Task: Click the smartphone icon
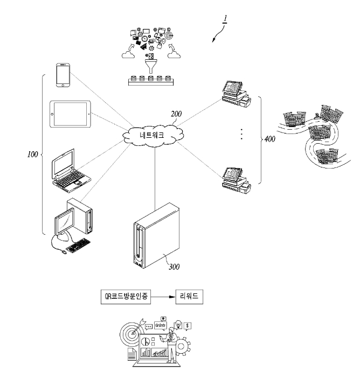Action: [x=63, y=75]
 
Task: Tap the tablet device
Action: [x=70, y=114]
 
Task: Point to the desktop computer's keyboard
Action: [x=78, y=245]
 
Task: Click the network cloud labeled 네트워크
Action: [x=153, y=135]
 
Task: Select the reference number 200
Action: [x=176, y=114]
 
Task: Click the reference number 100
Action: [x=32, y=155]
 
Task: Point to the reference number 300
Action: [x=174, y=267]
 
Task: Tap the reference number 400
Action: [x=270, y=139]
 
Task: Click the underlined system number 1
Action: [x=225, y=18]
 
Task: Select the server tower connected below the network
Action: [x=156, y=236]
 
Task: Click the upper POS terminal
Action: [x=236, y=94]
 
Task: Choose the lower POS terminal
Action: [x=236, y=180]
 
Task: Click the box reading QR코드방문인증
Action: [x=126, y=297]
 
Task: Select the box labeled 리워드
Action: [x=189, y=297]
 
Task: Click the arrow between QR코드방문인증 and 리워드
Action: [x=163, y=297]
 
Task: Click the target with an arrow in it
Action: [x=132, y=334]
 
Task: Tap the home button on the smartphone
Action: [x=63, y=85]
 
